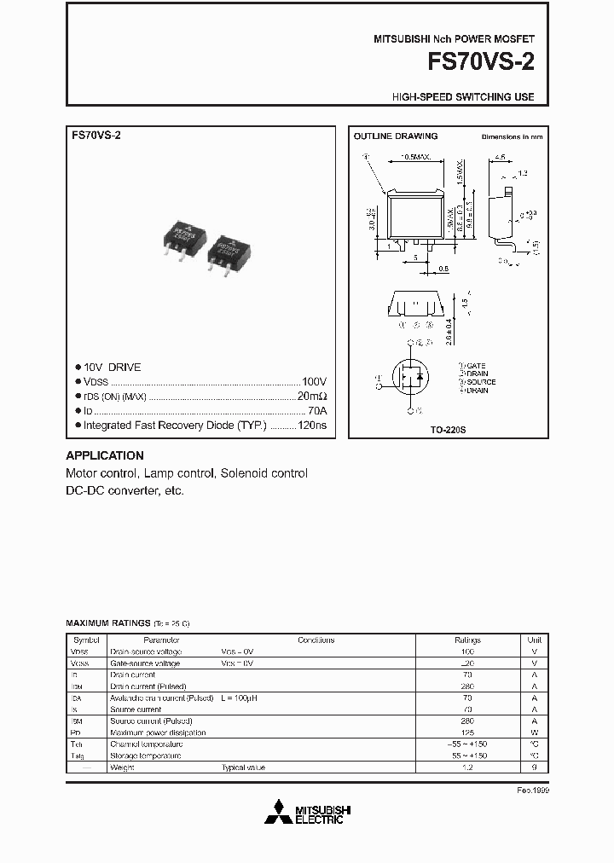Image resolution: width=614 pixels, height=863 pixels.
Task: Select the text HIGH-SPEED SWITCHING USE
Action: pos(463,97)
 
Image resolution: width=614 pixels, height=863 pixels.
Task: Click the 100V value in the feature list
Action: pos(314,382)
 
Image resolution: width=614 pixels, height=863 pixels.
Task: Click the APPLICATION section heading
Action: pos(105,455)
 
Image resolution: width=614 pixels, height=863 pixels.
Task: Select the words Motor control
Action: pos(101,473)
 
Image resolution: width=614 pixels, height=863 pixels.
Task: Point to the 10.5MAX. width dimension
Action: pos(415,158)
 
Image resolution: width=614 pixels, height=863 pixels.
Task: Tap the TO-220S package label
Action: pos(448,431)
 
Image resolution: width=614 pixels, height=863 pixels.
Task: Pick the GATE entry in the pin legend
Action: pos(478,365)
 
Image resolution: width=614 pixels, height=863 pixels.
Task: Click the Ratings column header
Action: pos(467,640)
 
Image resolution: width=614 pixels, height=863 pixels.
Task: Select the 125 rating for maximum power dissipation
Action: pos(467,733)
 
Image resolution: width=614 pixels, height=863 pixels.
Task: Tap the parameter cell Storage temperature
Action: pos(146,756)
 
